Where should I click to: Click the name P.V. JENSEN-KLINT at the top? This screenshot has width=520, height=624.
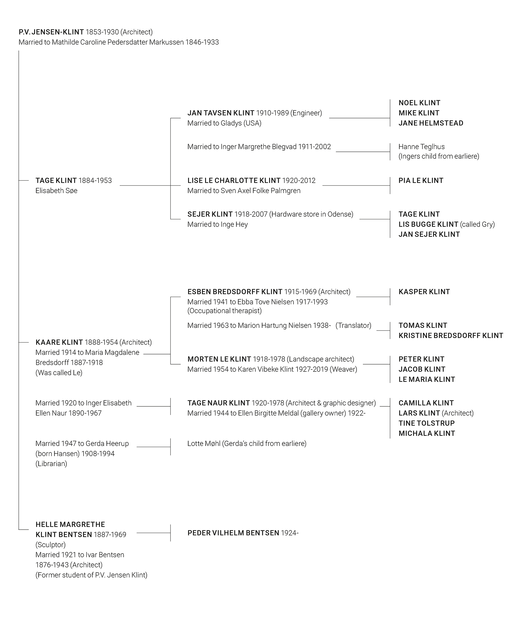pyautogui.click(x=51, y=32)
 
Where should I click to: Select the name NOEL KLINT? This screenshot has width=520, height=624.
pyautogui.click(x=419, y=103)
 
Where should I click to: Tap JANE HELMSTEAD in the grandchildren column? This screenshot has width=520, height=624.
pyautogui.click(x=431, y=123)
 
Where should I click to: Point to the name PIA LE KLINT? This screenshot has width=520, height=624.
pyautogui.click(x=421, y=181)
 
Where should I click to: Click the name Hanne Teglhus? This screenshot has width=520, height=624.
pyautogui.click(x=421, y=147)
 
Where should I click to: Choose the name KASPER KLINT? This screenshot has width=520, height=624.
pyautogui.click(x=424, y=292)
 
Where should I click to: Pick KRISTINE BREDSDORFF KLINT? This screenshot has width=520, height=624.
pyautogui.click(x=451, y=335)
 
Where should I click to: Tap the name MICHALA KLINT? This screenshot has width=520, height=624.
pyautogui.click(x=427, y=433)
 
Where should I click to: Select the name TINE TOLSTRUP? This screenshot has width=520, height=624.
pyautogui.click(x=426, y=423)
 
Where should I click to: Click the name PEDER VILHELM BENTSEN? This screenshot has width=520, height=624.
pyautogui.click(x=233, y=533)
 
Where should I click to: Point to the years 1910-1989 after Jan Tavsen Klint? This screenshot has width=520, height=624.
pyautogui.click(x=272, y=113)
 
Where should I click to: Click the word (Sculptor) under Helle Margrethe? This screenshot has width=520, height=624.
pyautogui.click(x=51, y=545)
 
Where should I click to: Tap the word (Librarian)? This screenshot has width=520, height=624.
pyautogui.click(x=51, y=464)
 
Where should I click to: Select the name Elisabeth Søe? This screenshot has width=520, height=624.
pyautogui.click(x=56, y=191)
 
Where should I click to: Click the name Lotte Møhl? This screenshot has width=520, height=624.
pyautogui.click(x=204, y=443)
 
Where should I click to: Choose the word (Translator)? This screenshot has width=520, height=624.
pyautogui.click(x=353, y=325)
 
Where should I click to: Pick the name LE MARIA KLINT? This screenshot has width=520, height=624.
pyautogui.click(x=427, y=380)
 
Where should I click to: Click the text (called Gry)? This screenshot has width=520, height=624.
pyautogui.click(x=477, y=224)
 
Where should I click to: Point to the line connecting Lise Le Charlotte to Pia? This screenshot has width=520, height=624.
pyautogui.click(x=356, y=185)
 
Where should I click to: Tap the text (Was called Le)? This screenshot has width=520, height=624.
pyautogui.click(x=59, y=373)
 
